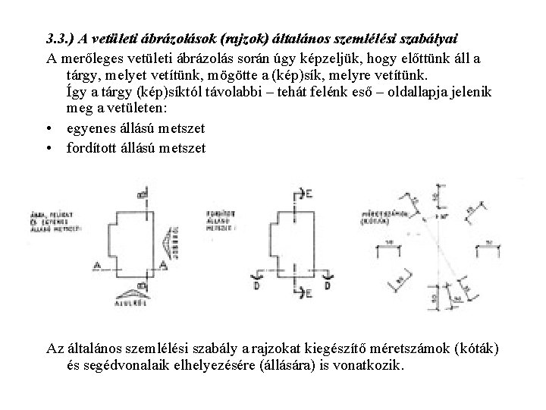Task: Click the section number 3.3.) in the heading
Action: pos(61,39)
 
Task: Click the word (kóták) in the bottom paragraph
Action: pos(474,348)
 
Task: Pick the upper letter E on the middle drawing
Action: pos(310,196)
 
